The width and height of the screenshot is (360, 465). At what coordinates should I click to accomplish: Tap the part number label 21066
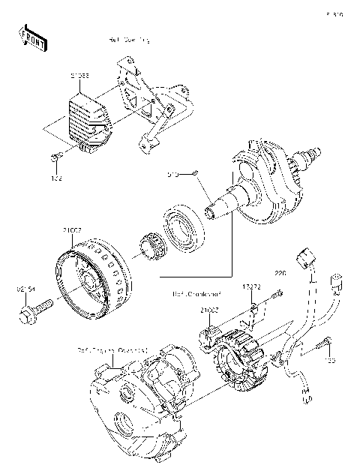tap(80, 75)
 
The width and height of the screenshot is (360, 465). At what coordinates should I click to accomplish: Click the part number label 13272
tap(251, 286)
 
